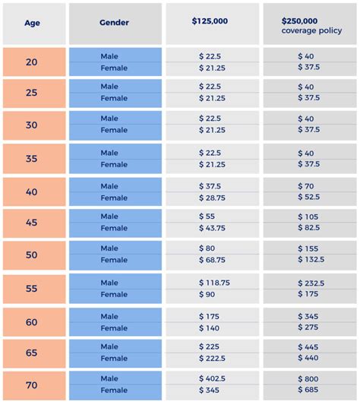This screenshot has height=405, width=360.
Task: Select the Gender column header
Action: click(114, 23)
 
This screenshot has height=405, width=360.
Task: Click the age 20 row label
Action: click(31, 62)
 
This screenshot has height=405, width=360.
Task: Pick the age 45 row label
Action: click(31, 223)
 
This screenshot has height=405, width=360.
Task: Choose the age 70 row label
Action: click(31, 384)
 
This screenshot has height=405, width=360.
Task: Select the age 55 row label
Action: click(31, 289)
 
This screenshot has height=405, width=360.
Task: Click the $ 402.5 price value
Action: click(212, 378)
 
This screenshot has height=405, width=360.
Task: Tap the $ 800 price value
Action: click(308, 378)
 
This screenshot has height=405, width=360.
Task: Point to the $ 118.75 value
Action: click(214, 283)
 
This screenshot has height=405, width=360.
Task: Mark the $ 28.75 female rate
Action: click(212, 198)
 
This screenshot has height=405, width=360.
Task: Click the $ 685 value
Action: click(308, 390)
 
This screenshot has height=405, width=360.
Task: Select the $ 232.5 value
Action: click(311, 283)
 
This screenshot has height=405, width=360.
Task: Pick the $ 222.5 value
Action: click(212, 358)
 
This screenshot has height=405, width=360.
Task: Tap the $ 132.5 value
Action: click(311, 260)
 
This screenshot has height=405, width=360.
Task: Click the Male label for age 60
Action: click(109, 316)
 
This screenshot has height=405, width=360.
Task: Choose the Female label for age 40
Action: click(114, 198)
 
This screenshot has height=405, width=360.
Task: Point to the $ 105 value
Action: click(308, 217)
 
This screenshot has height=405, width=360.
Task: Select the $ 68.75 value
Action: click(212, 260)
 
